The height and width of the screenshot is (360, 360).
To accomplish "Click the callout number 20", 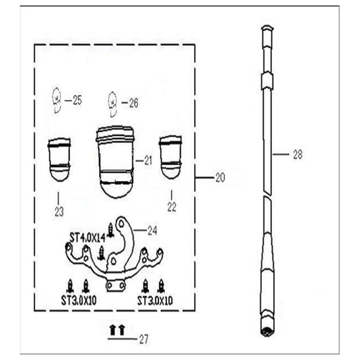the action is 220,177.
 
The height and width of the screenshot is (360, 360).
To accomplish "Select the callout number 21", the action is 148,160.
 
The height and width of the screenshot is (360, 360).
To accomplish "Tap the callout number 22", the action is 172,207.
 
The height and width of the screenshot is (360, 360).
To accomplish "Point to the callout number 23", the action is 59,212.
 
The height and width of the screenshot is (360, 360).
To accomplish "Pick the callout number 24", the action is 152,230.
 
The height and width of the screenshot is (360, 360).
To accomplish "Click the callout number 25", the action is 77,100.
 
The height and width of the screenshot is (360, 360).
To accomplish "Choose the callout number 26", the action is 133,103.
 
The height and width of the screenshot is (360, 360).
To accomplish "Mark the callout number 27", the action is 144,340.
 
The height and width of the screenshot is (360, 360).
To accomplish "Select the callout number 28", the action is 298,155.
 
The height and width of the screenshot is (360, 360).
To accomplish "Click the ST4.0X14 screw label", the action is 88,238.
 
